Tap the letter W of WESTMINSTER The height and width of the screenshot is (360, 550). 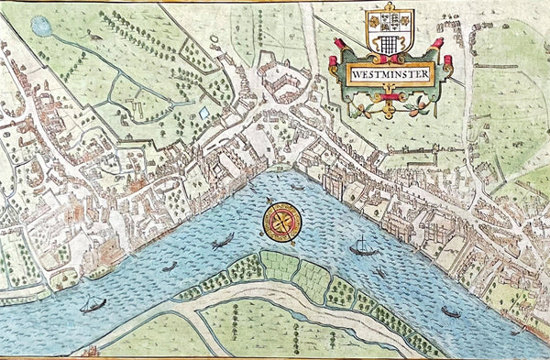pyautogui.click(x=354, y=77)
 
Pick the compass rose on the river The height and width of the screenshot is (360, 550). pyautogui.click(x=280, y=223)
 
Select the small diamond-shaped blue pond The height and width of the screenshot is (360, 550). pyautogui.click(x=204, y=113)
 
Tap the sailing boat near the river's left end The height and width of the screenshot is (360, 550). pyautogui.click(x=93, y=304)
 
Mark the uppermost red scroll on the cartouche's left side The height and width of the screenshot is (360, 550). pyautogui.click(x=336, y=43)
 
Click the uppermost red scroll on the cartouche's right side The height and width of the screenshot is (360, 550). pyautogui.click(x=437, y=43)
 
